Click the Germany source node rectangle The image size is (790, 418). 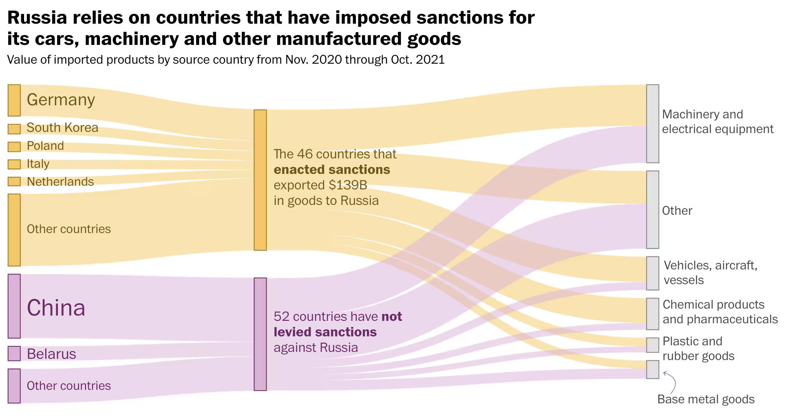14,100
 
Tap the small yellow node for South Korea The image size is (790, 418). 14,129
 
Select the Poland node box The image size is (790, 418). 14,147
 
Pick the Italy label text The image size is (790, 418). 38,164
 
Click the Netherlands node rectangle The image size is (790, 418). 14,181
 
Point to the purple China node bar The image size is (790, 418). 14,306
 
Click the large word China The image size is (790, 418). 56,308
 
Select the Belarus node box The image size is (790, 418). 14,354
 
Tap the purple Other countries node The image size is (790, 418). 14,386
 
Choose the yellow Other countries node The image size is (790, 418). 14,230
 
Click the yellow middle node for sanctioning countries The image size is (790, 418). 260,180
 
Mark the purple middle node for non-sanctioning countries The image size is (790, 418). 260,334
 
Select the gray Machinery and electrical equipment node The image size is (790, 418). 652,123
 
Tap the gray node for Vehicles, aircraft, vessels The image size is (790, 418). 652,273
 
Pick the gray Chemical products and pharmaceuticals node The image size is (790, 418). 652,313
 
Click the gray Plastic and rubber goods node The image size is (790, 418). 652,345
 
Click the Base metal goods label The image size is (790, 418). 706,399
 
